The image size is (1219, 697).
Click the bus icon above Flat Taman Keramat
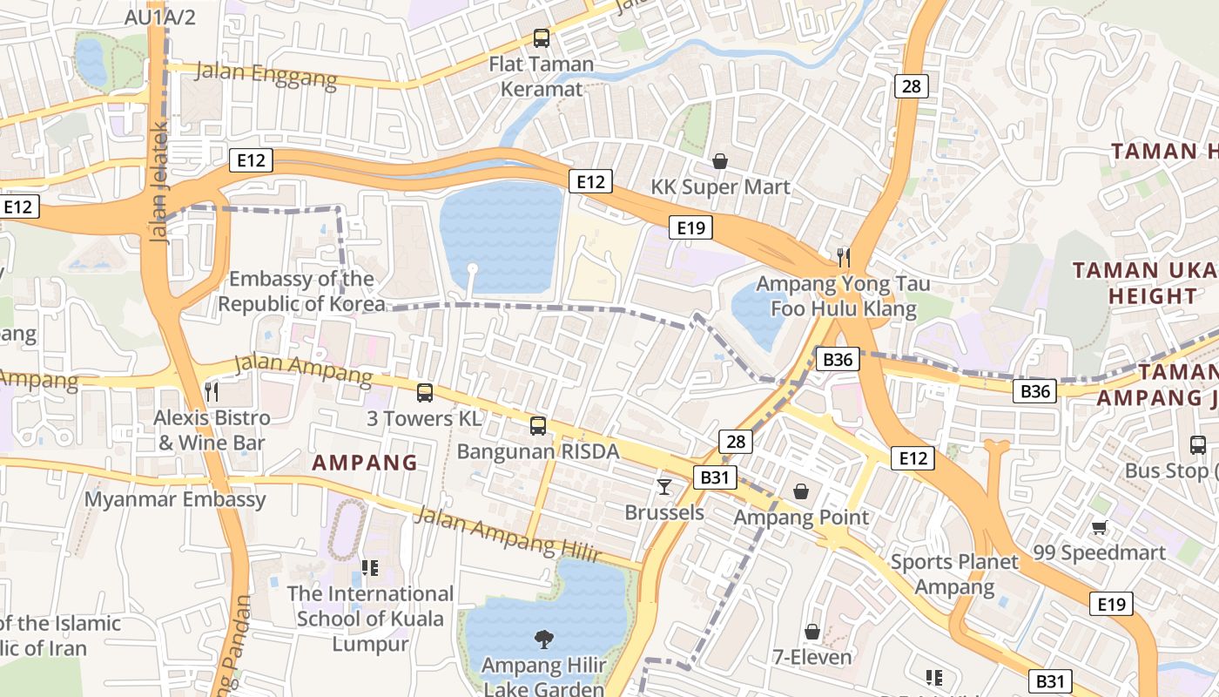541,38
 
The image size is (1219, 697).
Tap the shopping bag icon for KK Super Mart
720,161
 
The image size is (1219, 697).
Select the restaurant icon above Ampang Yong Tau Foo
843,257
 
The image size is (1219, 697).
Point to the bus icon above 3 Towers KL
424,393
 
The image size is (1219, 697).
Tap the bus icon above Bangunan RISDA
538,426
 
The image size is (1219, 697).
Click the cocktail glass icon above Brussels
664,486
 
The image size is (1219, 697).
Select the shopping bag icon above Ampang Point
801,491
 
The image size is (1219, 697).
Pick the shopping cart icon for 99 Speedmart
1099,527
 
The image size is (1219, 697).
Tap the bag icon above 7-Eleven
812,631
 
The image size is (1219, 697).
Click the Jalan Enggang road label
266,75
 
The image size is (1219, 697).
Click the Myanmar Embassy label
175,499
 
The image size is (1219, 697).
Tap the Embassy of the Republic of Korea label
301,291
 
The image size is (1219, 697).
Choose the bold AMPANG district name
365,463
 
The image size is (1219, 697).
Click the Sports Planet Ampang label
954,574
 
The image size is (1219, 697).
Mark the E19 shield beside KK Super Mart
690,228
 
